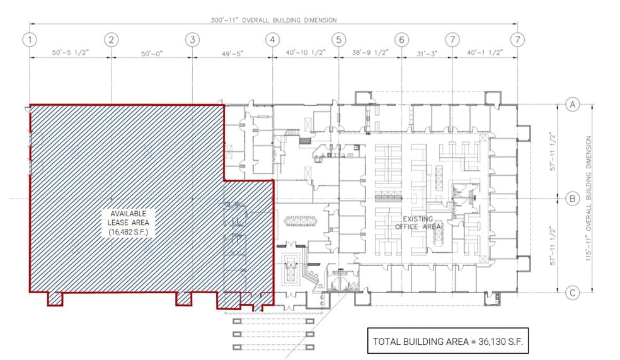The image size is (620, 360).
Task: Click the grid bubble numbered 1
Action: pyautogui.click(x=29, y=39)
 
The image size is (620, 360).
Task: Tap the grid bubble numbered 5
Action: pyautogui.click(x=338, y=39)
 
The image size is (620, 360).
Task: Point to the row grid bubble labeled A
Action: pyautogui.click(x=572, y=105)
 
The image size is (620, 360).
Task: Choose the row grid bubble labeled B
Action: pyautogui.click(x=572, y=199)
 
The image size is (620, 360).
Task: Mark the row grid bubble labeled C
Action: pyautogui.click(x=572, y=293)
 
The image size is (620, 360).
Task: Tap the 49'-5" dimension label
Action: pyautogui.click(x=232, y=54)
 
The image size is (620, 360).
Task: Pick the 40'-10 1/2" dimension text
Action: pyautogui.click(x=305, y=54)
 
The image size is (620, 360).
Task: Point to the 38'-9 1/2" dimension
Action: pyautogui.click(x=370, y=54)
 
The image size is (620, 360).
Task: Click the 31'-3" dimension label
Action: pyautogui.click(x=427, y=54)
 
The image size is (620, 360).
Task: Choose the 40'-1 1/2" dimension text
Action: pyautogui.click(x=485, y=54)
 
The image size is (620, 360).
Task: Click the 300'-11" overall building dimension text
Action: pyautogui.click(x=273, y=20)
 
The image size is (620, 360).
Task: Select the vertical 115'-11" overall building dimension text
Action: pyautogui.click(x=591, y=199)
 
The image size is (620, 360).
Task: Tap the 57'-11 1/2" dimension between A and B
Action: pyautogui.click(x=553, y=151)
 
